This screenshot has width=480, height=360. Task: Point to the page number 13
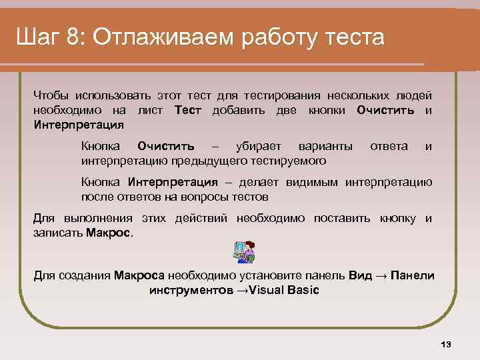pos(446,344)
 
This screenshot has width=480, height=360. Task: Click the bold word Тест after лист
pos(187,110)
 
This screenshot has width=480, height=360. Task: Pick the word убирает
pos(259,146)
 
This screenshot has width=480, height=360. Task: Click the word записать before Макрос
pos(58,233)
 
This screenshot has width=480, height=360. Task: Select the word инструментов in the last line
pos(191,290)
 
